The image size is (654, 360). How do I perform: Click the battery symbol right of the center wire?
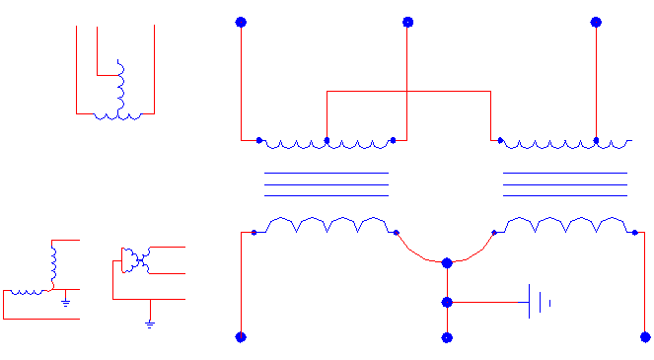pyautogui.click(x=539, y=302)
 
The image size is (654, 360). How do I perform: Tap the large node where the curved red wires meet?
pyautogui.click(x=447, y=262)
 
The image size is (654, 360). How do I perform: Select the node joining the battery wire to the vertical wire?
pyautogui.click(x=447, y=302)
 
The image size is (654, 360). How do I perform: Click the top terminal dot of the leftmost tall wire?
pyautogui.click(x=241, y=22)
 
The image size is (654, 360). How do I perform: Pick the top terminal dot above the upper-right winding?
pyautogui.click(x=596, y=22)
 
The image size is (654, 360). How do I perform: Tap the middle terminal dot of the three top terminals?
pyautogui.click(x=406, y=22)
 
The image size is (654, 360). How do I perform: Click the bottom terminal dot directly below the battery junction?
pyautogui.click(x=447, y=337)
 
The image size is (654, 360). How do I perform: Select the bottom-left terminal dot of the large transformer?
pyautogui.click(x=241, y=337)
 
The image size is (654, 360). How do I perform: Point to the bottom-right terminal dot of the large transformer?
pyautogui.click(x=646, y=337)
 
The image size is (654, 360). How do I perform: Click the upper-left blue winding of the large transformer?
pyautogui.click(x=326, y=144)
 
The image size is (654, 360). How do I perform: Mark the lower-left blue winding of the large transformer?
pyautogui.click(x=326, y=224)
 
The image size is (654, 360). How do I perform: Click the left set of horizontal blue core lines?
pyautogui.click(x=326, y=184)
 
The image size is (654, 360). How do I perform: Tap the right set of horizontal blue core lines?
pyautogui.click(x=565, y=184)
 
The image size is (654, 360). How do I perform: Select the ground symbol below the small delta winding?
pyautogui.click(x=150, y=321)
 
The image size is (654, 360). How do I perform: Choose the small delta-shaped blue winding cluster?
pyautogui.click(x=134, y=260)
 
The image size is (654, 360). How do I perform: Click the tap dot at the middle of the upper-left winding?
pyautogui.click(x=327, y=141)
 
